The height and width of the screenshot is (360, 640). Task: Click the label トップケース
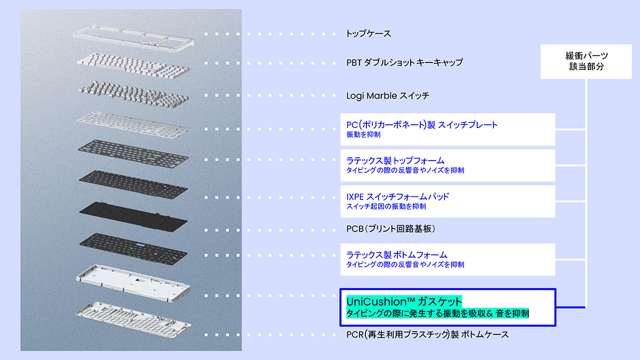tap(369, 34)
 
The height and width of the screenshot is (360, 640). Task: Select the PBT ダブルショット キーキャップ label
tap(404, 62)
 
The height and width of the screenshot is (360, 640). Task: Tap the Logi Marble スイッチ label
tap(388, 96)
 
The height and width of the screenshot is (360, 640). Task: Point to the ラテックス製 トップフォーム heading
tap(395, 161)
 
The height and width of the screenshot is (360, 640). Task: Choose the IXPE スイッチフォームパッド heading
tap(397, 196)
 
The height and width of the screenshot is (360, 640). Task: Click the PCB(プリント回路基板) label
tap(391, 229)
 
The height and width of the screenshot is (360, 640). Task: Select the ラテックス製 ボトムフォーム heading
tap(396, 255)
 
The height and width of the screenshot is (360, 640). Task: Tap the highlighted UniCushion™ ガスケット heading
tap(404, 301)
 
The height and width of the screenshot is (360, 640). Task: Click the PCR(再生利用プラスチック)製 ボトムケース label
tap(427, 335)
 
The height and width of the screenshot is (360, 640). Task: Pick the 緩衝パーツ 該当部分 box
tap(586, 61)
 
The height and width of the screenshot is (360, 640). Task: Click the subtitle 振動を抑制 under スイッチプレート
tap(363, 135)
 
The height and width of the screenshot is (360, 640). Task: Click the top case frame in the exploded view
tap(133, 37)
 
